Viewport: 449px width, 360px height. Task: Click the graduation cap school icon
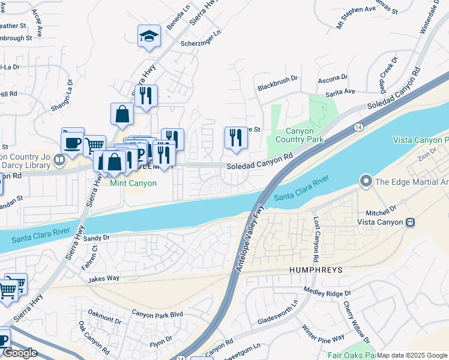tap(148, 36)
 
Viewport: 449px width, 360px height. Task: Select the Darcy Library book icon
tap(59, 159)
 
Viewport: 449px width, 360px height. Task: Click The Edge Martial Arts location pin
tap(365, 181)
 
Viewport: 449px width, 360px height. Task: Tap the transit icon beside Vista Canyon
tap(410, 222)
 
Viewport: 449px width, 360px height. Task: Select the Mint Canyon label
tap(133, 183)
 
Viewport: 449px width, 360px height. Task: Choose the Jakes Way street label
tap(104, 278)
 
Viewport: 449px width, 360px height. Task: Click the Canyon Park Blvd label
tap(157, 314)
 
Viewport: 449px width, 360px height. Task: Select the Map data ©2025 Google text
tap(412, 355)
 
